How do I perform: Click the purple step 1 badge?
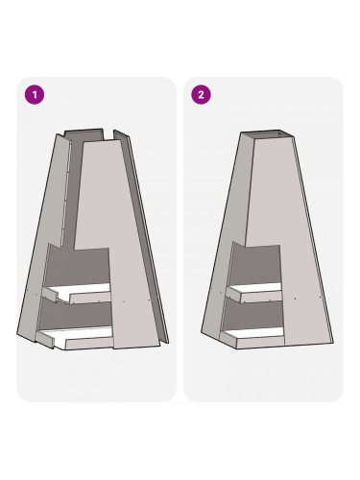[35, 95]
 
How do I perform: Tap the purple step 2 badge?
[201, 95]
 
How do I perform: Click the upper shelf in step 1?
[77, 293]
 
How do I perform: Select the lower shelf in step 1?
[74, 338]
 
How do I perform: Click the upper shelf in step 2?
[254, 293]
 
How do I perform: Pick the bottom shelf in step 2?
[252, 338]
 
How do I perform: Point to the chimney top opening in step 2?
[267, 134]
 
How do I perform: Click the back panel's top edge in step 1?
[84, 131]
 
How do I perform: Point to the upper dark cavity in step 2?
[257, 264]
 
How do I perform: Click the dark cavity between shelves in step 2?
[253, 315]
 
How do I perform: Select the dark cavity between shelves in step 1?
[77, 314]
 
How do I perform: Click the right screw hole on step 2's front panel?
[321, 298]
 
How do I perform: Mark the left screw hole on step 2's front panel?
[295, 299]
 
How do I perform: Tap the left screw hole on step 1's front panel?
[124, 301]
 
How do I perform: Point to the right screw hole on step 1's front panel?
[149, 300]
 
